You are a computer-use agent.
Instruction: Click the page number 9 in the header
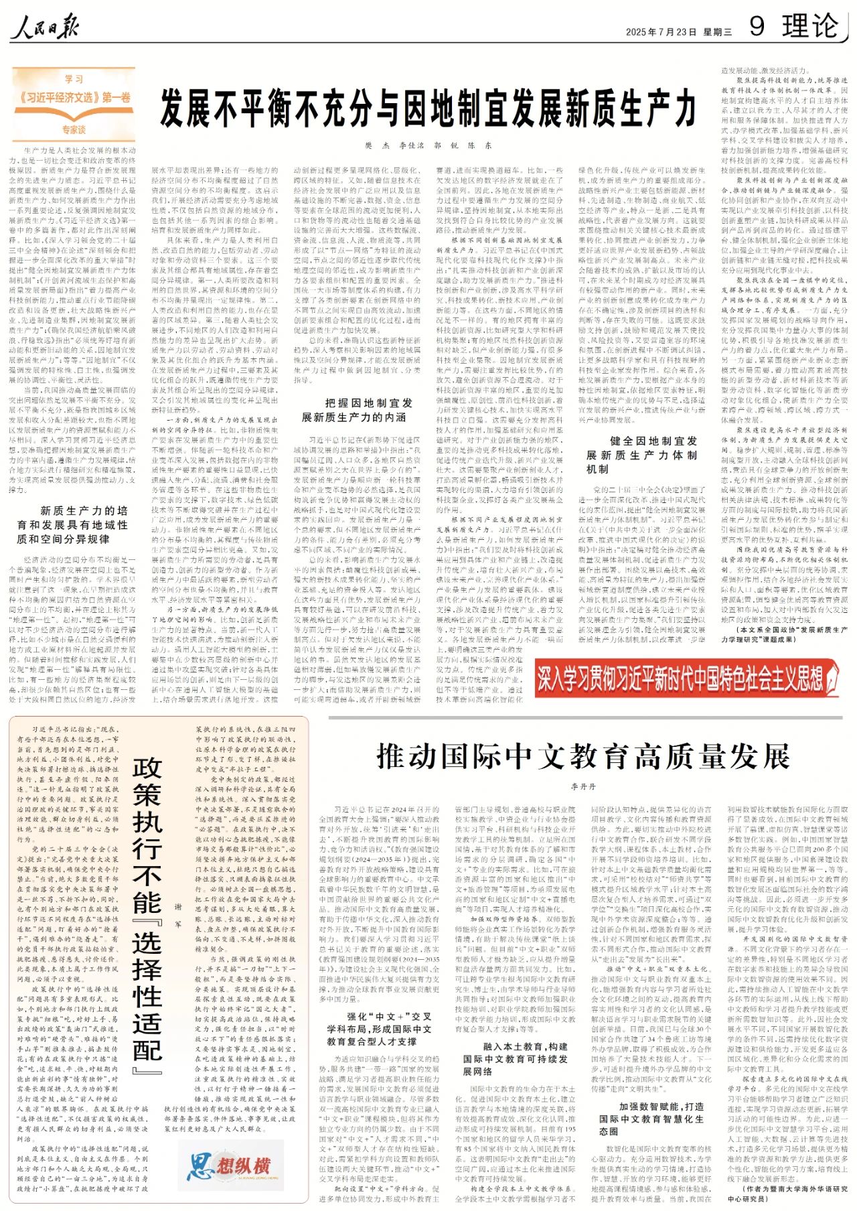pyautogui.click(x=757, y=27)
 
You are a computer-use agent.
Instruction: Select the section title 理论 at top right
pyautogui.click(x=810, y=27)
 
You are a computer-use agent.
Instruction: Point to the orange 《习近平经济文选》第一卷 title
pyautogui.click(x=75, y=98)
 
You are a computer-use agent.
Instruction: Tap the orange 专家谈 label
pyautogui.click(x=74, y=129)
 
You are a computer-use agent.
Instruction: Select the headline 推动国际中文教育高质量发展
pyautogui.click(x=583, y=756)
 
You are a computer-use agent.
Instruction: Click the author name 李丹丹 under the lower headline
pyautogui.click(x=583, y=786)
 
